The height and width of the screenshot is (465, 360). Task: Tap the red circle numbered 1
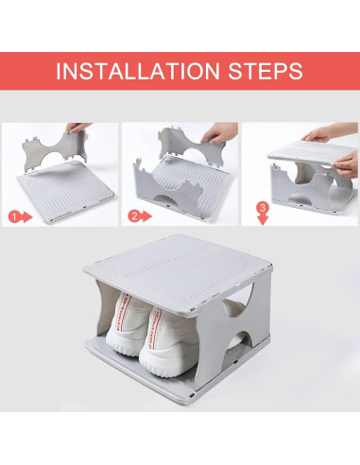(13, 216)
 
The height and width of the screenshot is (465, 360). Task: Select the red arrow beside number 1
(27, 216)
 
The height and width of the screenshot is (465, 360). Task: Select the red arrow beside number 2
(147, 216)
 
